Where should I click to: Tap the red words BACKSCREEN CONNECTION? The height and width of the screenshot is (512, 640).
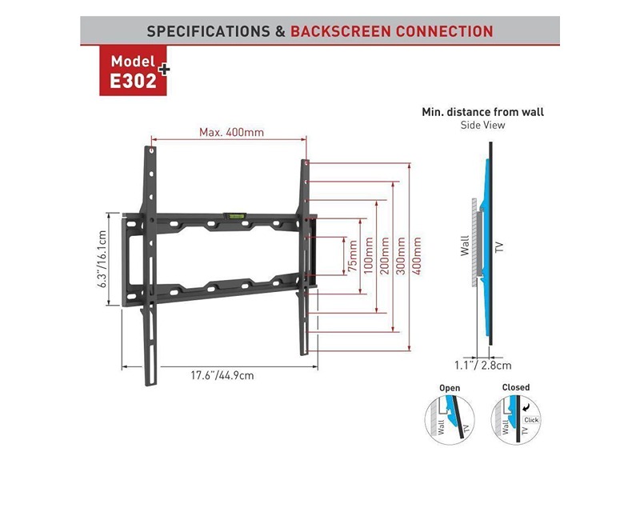(x=391, y=32)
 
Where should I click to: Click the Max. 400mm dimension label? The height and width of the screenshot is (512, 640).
(x=231, y=132)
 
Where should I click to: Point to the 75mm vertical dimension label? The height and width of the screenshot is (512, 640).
(x=350, y=256)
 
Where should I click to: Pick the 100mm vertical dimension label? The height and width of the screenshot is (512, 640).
(x=367, y=256)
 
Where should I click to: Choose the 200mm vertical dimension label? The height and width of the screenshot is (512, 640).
(x=383, y=256)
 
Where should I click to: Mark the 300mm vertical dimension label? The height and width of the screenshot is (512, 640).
(x=399, y=256)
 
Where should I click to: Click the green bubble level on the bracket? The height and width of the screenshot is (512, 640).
(x=237, y=214)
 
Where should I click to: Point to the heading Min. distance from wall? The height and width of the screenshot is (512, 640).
(x=488, y=113)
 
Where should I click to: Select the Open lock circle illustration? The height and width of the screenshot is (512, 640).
(x=450, y=416)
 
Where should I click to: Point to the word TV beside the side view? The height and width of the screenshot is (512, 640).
(x=500, y=246)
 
